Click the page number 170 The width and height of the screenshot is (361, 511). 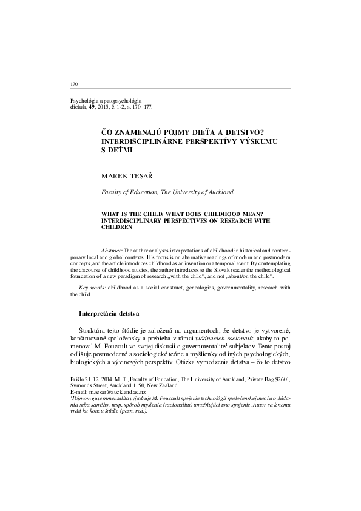75,83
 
